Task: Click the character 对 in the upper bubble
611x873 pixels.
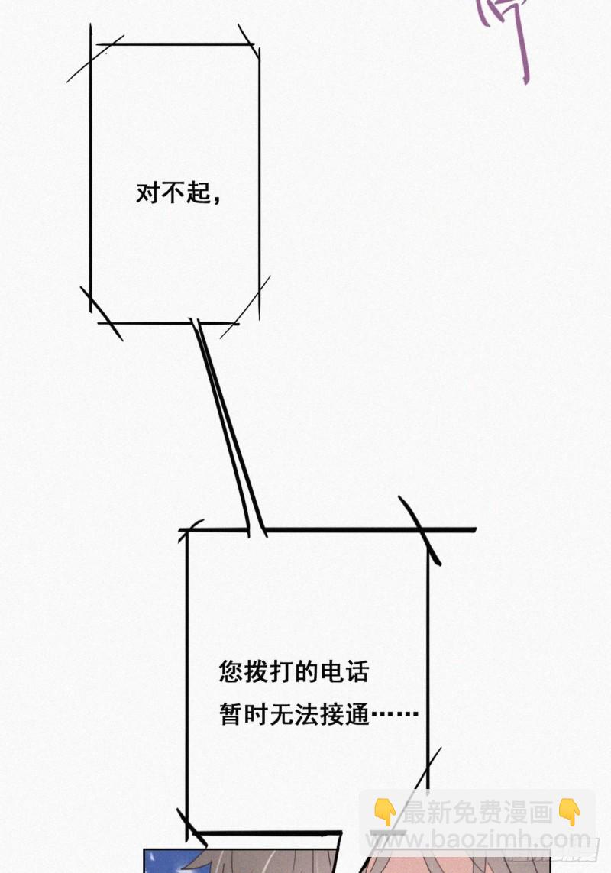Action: pyautogui.click(x=147, y=193)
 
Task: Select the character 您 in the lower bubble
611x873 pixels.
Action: pyautogui.click(x=231, y=672)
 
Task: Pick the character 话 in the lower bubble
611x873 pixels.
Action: pyautogui.click(x=356, y=672)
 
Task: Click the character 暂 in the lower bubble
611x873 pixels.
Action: pyautogui.click(x=231, y=716)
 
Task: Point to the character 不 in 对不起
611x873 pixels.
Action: pyautogui.click(x=172, y=193)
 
